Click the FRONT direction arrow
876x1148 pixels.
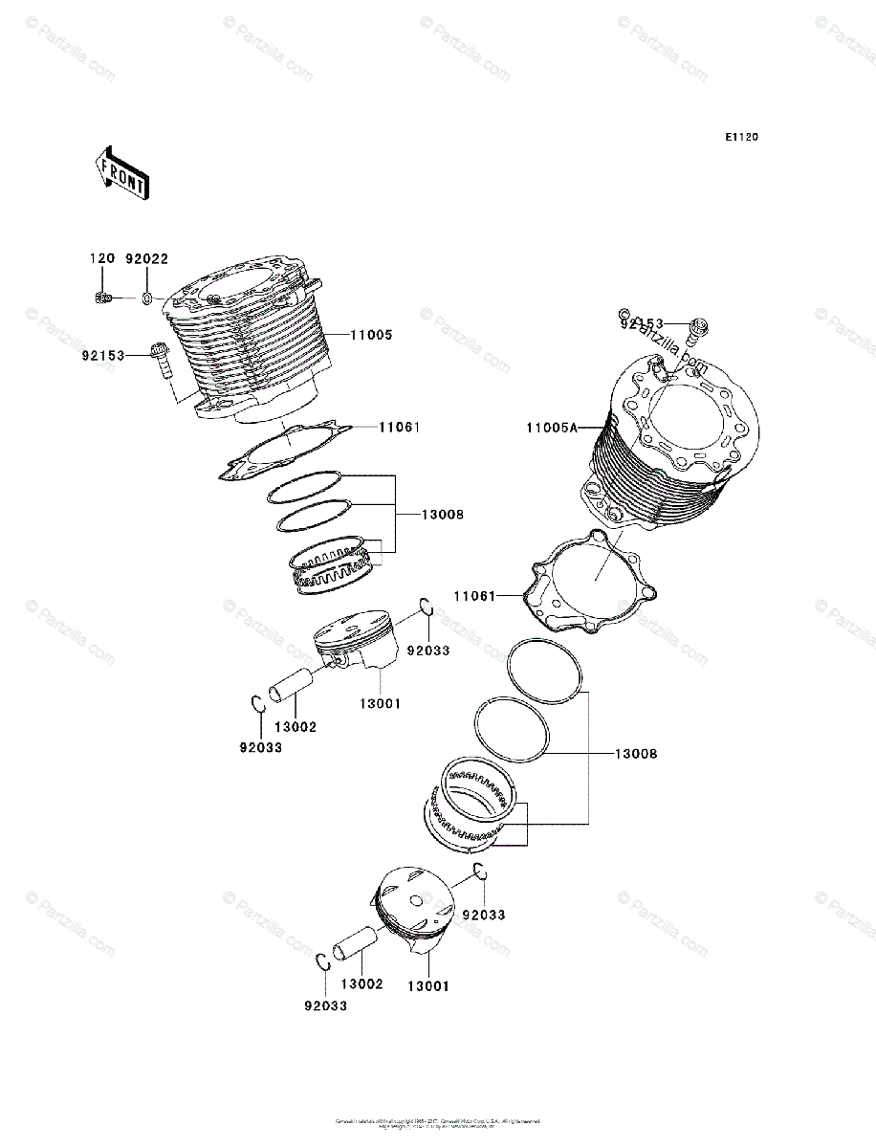[x=121, y=171]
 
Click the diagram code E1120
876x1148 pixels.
[x=740, y=138]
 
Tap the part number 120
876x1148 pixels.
[x=102, y=258]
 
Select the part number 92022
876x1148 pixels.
[x=147, y=258]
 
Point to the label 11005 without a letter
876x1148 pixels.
[x=371, y=336]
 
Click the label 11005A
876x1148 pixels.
[x=552, y=428]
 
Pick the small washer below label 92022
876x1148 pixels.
[x=146, y=298]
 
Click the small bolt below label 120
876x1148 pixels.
[x=103, y=298]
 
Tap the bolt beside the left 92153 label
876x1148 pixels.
[x=160, y=360]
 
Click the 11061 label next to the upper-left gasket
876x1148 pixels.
[x=400, y=428]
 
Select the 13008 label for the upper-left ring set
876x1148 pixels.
[x=443, y=514]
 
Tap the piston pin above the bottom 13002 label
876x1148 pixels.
[x=354, y=948]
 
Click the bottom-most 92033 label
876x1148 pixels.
[x=325, y=1005]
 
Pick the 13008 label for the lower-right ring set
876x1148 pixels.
[x=636, y=754]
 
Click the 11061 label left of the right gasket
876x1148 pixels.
[x=475, y=596]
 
